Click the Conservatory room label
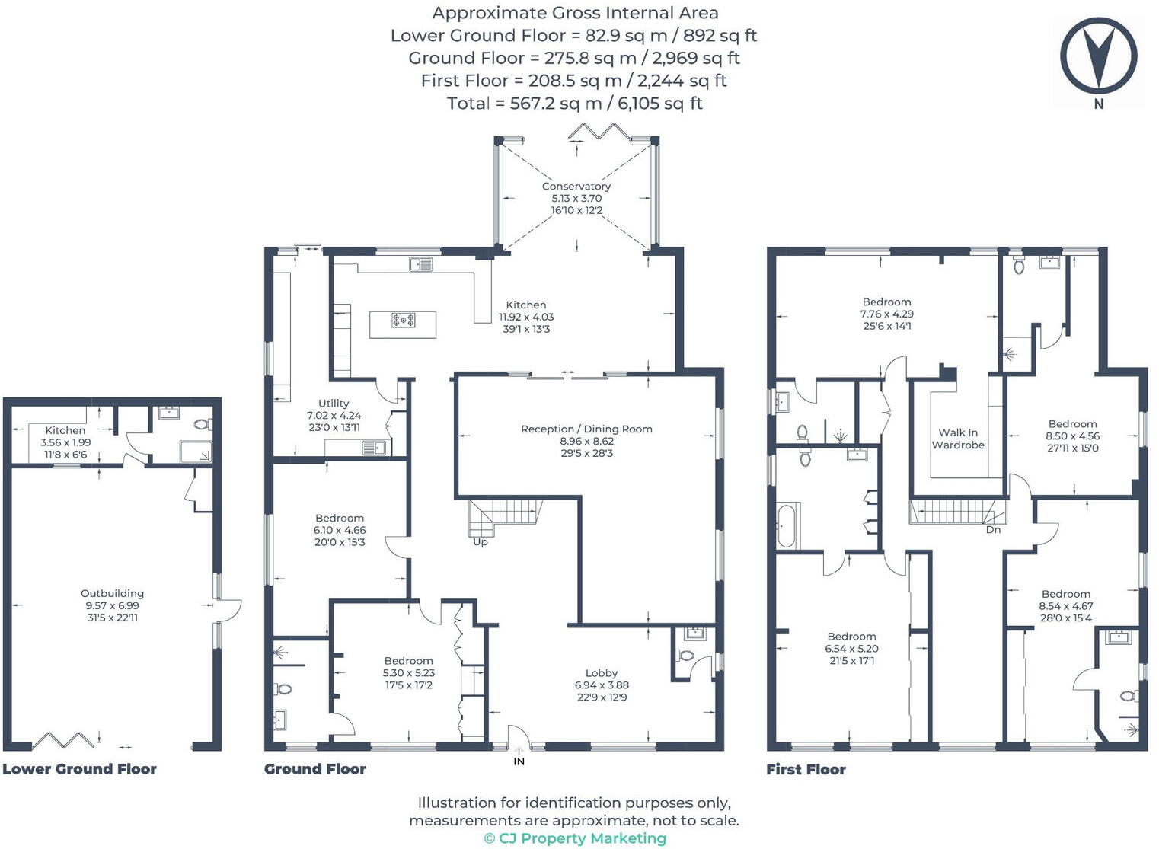pyautogui.click(x=576, y=187)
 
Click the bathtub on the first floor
pyautogui.click(x=787, y=525)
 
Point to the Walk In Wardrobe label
pyautogui.click(x=958, y=439)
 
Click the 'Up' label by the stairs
pyautogui.click(x=481, y=542)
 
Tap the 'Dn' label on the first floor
pyautogui.click(x=993, y=530)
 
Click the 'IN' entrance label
pyautogui.click(x=519, y=761)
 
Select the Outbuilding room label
pyautogui.click(x=112, y=593)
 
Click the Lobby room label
pyautogui.click(x=602, y=672)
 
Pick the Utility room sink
pyautogui.click(x=374, y=447)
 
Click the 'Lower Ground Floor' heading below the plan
pyautogui.click(x=80, y=769)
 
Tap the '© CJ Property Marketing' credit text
pyautogui.click(x=575, y=838)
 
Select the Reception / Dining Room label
pyautogui.click(x=586, y=429)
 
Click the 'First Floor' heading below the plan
pyautogui.click(x=806, y=769)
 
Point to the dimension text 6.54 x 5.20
pyautogui.click(x=851, y=648)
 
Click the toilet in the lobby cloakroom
pyautogui.click(x=685, y=656)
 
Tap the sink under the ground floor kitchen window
pyautogui.click(x=420, y=264)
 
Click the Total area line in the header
pyautogui.click(x=575, y=104)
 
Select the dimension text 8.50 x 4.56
pyautogui.click(x=1073, y=436)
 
